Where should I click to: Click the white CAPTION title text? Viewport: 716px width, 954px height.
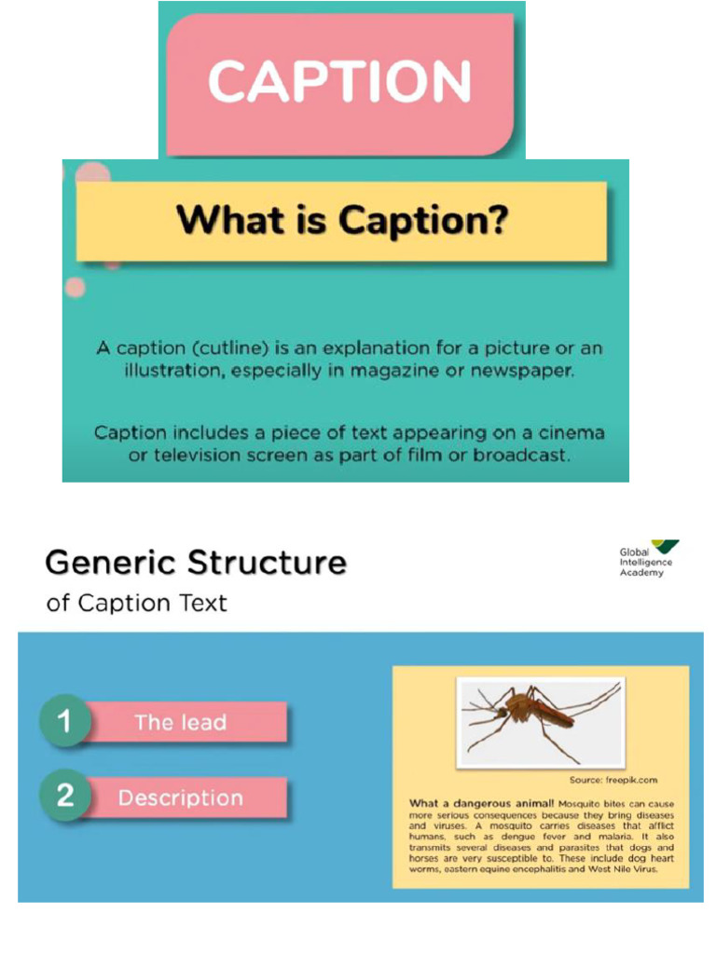pyautogui.click(x=339, y=82)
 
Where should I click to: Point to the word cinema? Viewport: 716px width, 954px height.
pyautogui.click(x=570, y=433)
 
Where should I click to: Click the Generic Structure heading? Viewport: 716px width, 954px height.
pyautogui.click(x=196, y=563)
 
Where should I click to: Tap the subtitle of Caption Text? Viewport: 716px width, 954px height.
pyautogui.click(x=136, y=603)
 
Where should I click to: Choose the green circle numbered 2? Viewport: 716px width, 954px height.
pyautogui.click(x=64, y=797)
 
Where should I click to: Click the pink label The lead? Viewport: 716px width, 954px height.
pyautogui.click(x=181, y=722)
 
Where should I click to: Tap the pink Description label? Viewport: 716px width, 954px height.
pyautogui.click(x=181, y=798)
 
